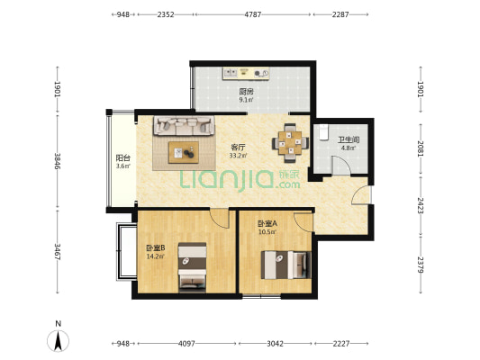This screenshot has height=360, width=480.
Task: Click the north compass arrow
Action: click(x=58, y=341)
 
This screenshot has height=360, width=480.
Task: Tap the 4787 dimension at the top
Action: click(x=252, y=14)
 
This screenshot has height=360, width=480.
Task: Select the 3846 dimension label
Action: click(x=58, y=161)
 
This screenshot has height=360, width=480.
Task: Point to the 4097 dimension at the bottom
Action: click(x=186, y=344)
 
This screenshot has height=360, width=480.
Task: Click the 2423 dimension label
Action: click(x=421, y=205)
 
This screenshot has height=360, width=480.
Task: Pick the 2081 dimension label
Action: click(x=421, y=148)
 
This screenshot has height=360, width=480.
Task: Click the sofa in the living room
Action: click(x=184, y=126)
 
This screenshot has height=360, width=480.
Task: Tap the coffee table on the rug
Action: click(x=184, y=152)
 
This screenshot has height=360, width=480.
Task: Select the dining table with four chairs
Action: click(x=290, y=143)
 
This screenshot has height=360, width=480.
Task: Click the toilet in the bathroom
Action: click(x=323, y=131)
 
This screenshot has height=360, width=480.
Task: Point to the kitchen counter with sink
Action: click(x=246, y=74)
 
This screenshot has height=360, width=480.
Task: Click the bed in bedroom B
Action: click(x=192, y=267)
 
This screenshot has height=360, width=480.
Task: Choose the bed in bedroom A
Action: click(x=285, y=265)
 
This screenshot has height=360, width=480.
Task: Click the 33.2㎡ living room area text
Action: click(x=238, y=156)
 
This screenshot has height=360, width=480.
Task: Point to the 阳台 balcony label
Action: click(x=123, y=158)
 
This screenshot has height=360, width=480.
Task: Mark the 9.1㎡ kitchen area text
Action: click(x=246, y=99)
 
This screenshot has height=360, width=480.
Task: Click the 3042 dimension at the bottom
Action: click(x=275, y=344)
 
